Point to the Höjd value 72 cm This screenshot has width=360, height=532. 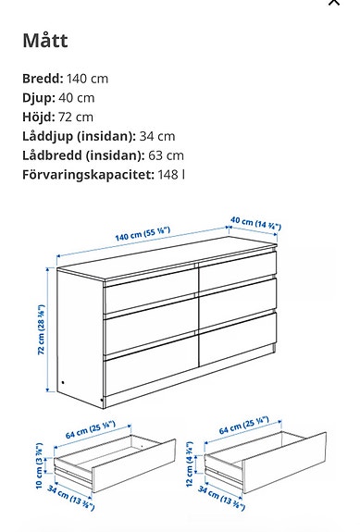(77, 118)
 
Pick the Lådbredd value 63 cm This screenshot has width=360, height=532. (167, 156)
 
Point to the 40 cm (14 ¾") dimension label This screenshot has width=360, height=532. (256, 225)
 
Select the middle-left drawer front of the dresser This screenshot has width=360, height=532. (150, 330)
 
